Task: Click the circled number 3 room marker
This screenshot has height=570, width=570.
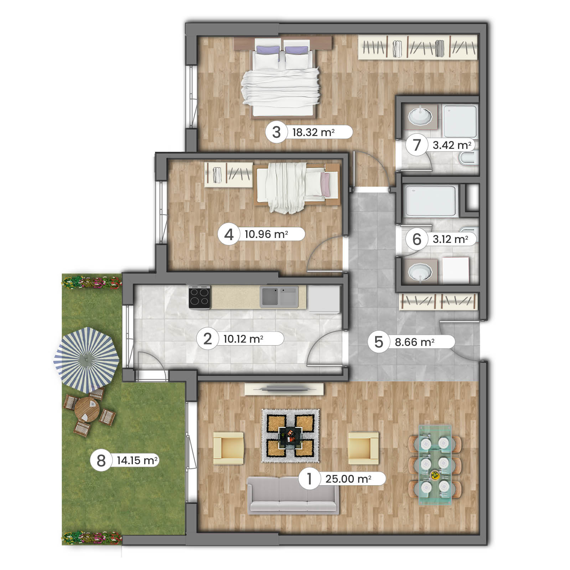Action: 276,132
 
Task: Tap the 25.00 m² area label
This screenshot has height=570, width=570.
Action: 348,479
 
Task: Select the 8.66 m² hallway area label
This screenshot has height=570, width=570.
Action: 414,342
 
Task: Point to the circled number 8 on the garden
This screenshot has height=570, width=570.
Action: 101,460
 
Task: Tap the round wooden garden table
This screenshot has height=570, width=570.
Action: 87,409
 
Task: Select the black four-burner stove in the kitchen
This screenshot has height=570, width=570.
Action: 199,297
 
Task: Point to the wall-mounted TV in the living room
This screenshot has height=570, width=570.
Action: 284,389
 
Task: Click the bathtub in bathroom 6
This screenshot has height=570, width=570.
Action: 431,201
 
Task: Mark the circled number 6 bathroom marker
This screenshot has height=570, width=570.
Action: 416,239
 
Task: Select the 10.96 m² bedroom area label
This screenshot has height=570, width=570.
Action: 266,234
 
